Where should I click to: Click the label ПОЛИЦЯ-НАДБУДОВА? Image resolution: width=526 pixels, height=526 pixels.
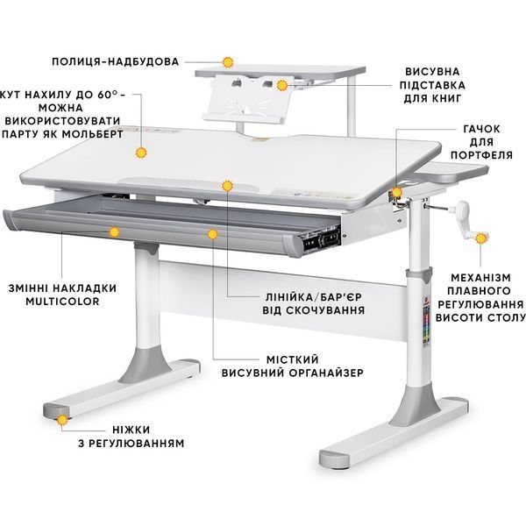115,61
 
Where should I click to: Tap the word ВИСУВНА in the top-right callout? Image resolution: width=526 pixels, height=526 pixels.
432,72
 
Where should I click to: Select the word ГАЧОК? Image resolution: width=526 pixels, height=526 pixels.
481,129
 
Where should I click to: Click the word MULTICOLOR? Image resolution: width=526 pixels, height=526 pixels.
63,301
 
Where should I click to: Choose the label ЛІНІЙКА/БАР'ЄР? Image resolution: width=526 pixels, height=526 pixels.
314,297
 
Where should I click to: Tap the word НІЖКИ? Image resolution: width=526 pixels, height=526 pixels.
131,430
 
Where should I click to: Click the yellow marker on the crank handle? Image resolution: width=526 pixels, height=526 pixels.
481,238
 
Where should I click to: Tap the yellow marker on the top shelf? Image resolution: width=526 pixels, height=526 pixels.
228,62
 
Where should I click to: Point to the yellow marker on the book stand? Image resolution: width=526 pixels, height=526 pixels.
282,85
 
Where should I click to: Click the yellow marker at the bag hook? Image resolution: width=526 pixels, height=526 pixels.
396,192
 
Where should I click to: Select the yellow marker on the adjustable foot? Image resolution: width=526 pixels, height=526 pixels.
62,420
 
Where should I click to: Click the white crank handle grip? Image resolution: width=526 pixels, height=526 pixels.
463,210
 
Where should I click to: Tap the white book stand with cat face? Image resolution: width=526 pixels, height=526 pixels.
246,98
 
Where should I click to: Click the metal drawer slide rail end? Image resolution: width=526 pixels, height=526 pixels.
322,240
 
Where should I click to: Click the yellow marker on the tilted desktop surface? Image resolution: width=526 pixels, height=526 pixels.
141,153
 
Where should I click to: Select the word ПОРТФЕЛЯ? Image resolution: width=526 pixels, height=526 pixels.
481,155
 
